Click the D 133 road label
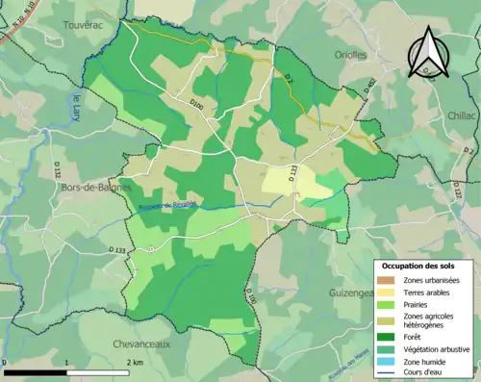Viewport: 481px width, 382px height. [x=117, y=250]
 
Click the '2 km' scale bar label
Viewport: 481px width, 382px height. [x=134, y=362]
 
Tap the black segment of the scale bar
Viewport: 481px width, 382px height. [x=35, y=371]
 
